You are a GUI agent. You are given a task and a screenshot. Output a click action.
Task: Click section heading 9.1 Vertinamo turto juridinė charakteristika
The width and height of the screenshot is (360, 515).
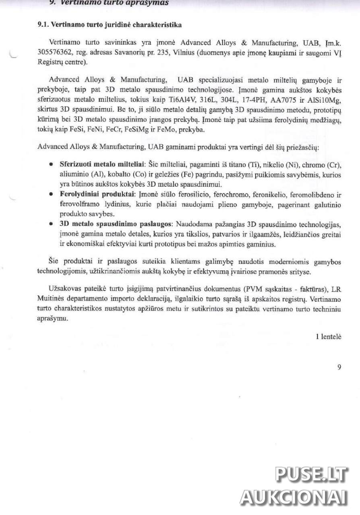(109, 25)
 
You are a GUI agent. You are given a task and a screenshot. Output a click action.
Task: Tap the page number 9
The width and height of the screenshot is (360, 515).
(339, 367)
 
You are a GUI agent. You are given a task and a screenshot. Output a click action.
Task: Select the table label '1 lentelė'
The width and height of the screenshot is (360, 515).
(329, 336)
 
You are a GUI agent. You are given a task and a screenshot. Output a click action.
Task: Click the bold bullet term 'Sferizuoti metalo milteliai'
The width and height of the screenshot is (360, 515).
(102, 166)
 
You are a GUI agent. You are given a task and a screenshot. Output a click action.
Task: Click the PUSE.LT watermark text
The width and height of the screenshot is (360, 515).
(311, 475)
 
